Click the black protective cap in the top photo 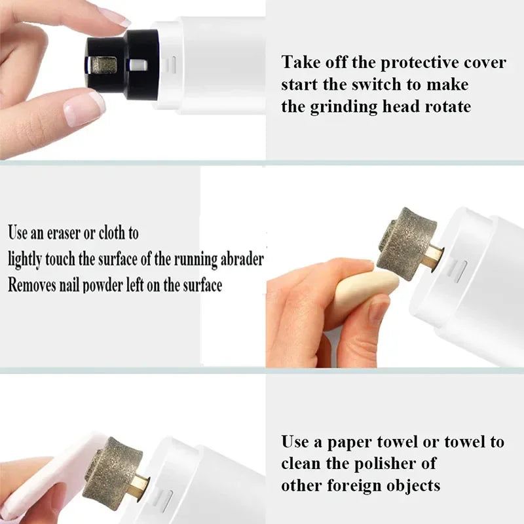(x=124, y=60)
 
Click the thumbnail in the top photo (x=84, y=107)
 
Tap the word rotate (x=446, y=107)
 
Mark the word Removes (x=32, y=285)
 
